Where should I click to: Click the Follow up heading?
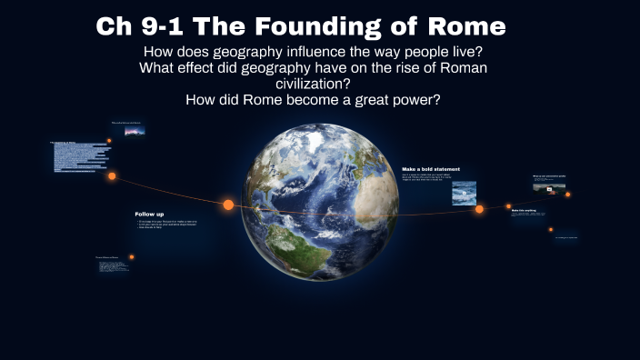coord(149,214)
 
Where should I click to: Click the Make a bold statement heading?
coord(431,169)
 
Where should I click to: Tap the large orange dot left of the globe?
coord(228,205)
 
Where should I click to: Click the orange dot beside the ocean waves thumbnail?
coord(479,209)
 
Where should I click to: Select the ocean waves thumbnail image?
coord(464,193)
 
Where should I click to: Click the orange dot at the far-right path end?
coord(568,194)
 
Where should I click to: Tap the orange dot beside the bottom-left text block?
coord(131,257)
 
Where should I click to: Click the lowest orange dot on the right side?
coord(551,230)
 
